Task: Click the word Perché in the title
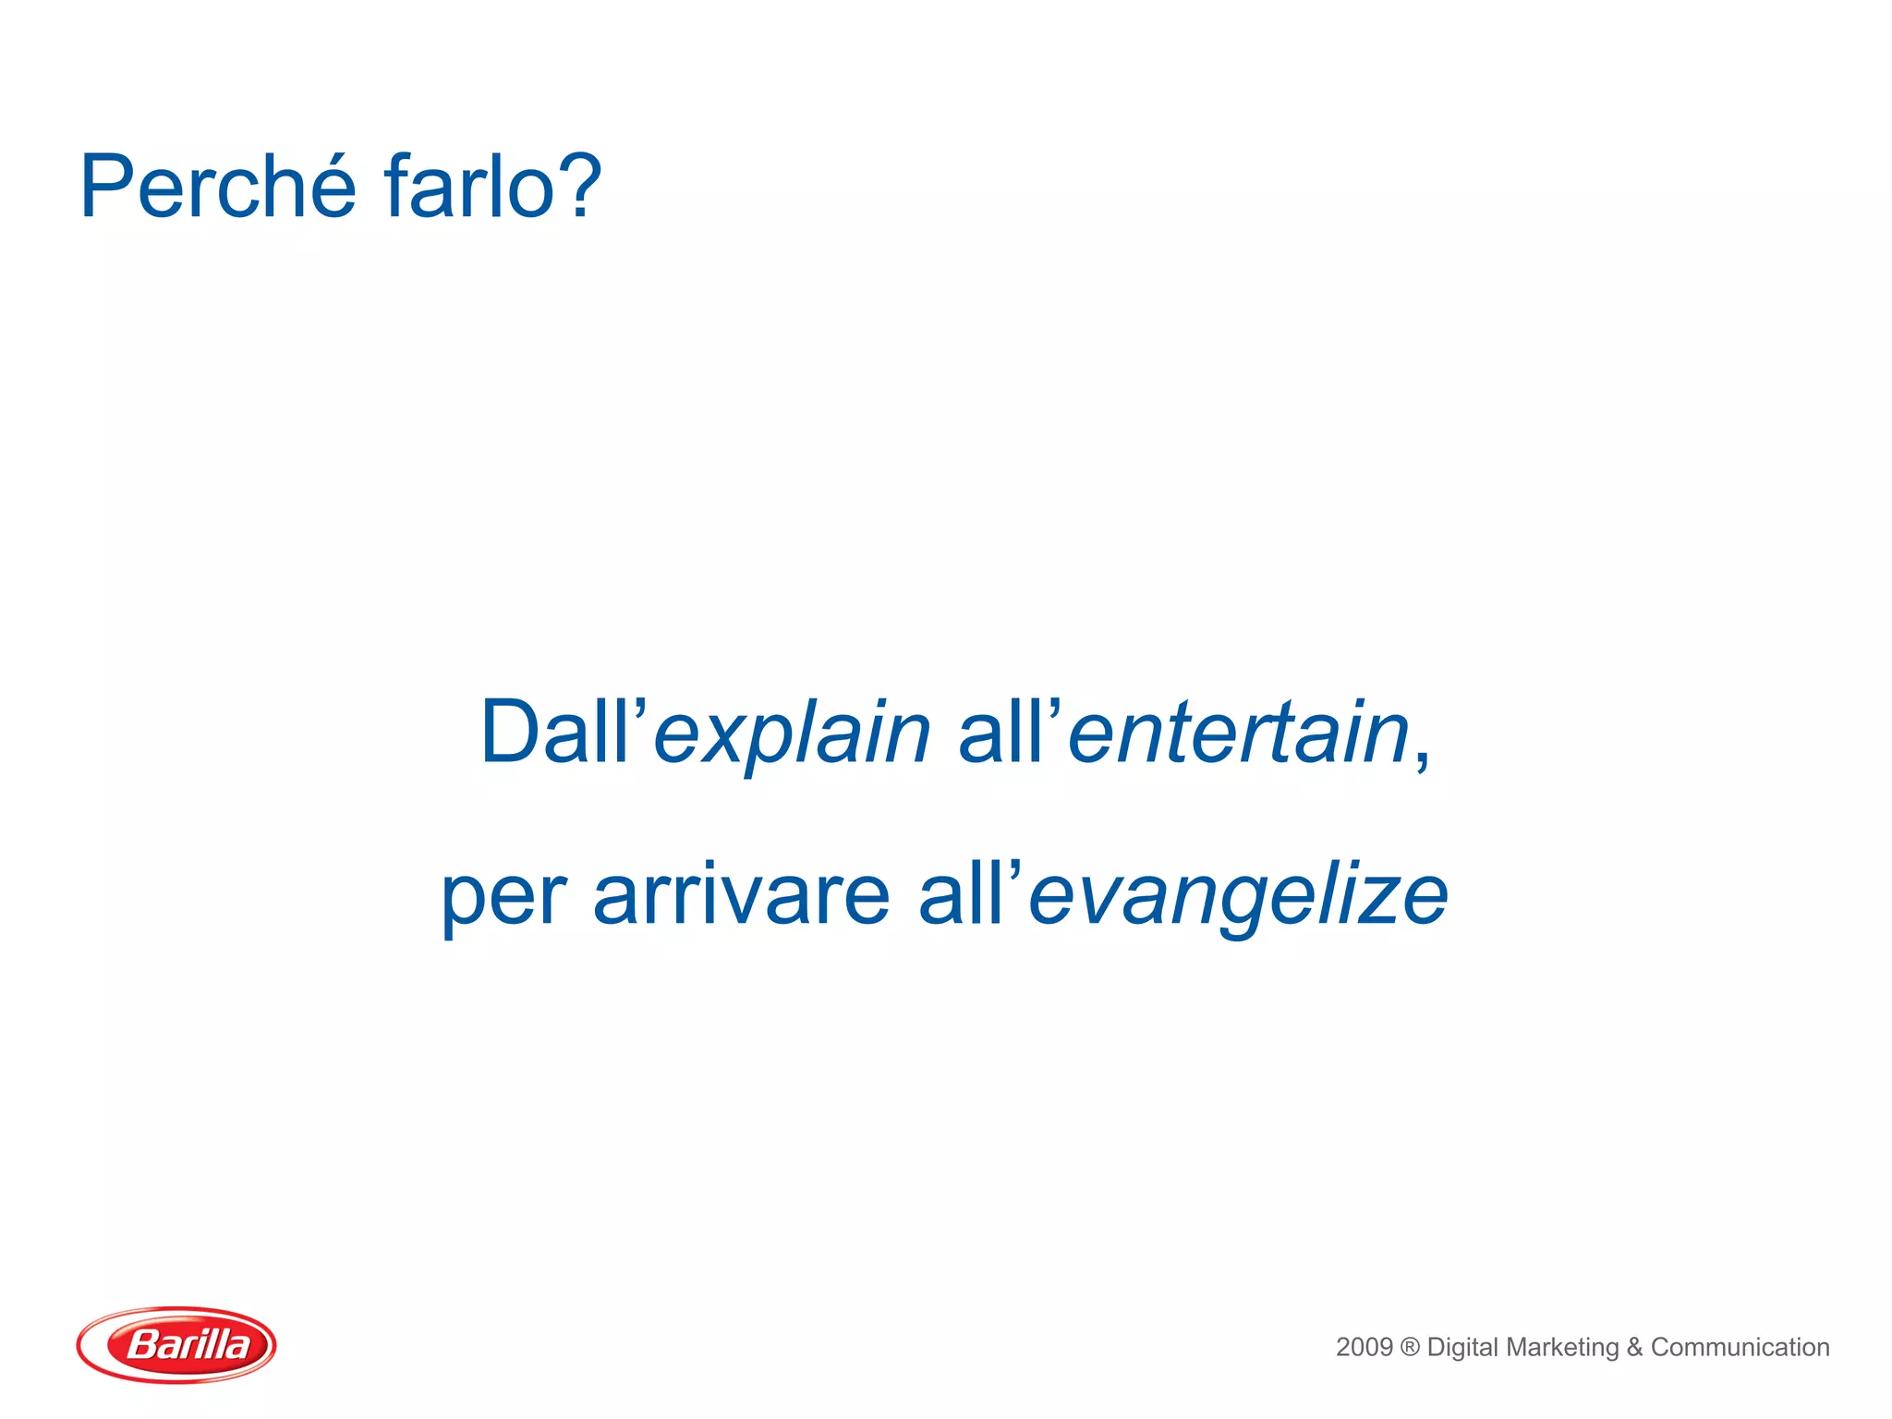tap(218, 188)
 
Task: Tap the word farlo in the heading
tap(468, 188)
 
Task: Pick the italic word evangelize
tap(1238, 896)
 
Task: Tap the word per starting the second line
tap(503, 898)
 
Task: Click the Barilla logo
tap(176, 1344)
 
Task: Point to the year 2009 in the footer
tap(1364, 1347)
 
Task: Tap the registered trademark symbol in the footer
tap(1410, 1348)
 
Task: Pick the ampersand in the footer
tap(1635, 1348)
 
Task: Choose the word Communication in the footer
tap(1740, 1347)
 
